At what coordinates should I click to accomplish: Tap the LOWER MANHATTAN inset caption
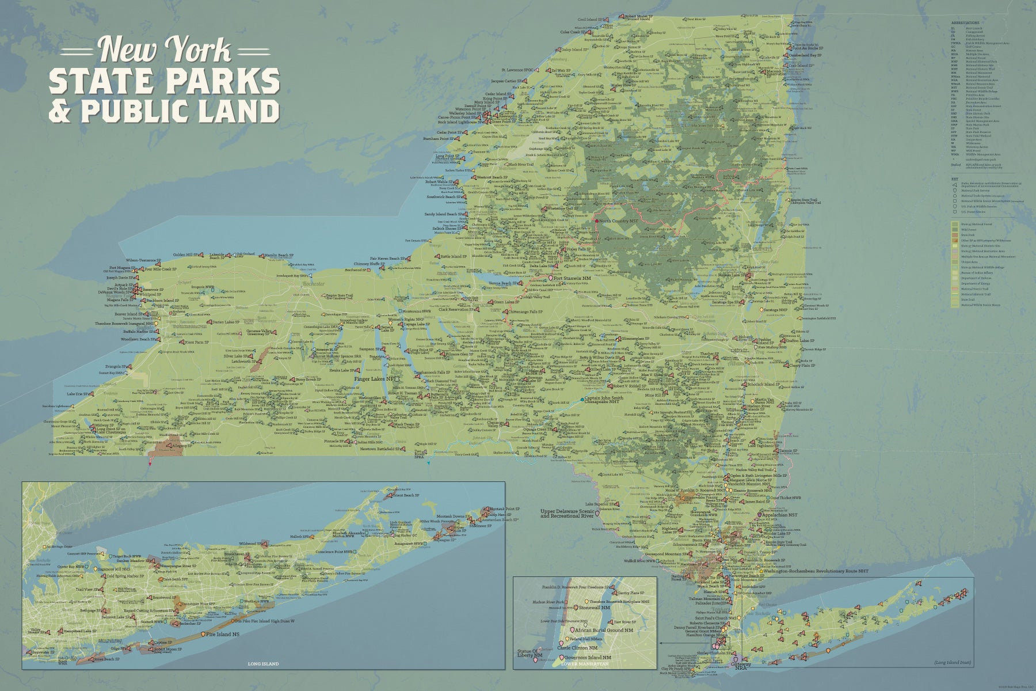[x=585, y=664]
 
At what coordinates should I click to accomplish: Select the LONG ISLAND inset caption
[x=263, y=664]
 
